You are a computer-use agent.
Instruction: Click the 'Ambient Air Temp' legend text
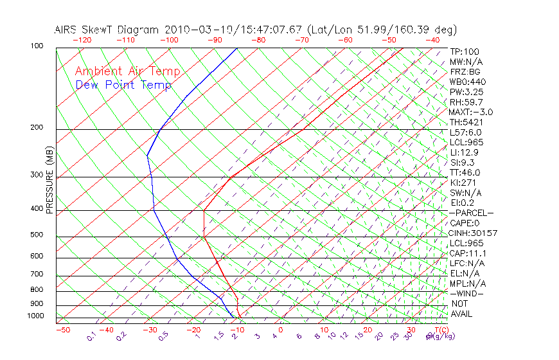coord(127,71)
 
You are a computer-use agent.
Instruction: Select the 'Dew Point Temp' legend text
coord(123,85)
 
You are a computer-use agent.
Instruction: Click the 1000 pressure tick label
coord(36,316)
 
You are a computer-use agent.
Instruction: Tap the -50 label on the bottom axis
coord(62,330)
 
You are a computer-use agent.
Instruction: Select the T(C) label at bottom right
coord(438,330)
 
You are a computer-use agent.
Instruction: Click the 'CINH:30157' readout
coord(474,233)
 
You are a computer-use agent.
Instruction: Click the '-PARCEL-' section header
coord(471,213)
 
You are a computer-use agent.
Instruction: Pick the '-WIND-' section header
coord(466,293)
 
